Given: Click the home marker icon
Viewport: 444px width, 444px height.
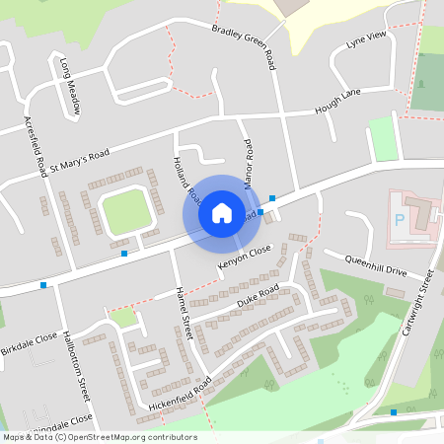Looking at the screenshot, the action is pos(222,213).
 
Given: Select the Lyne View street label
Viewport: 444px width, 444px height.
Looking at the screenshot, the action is pos(364,41).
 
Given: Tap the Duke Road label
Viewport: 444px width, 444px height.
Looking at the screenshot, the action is pos(258,294).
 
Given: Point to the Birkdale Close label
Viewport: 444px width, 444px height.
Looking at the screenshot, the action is pos(30,340).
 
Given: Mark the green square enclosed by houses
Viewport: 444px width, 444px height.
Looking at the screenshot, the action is pos(124,212).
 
